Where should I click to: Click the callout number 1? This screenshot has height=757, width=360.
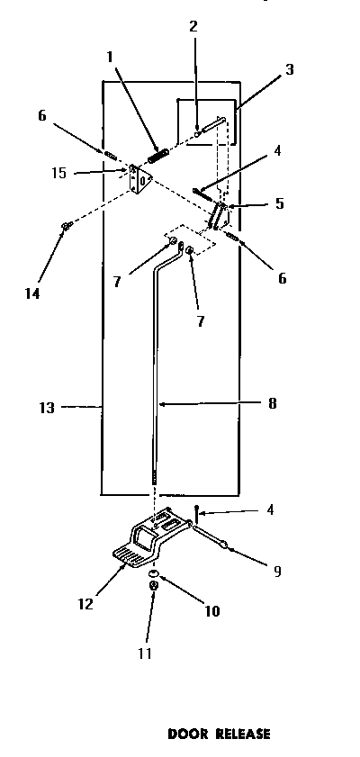(x=109, y=56)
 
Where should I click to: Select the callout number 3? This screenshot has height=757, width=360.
(x=290, y=69)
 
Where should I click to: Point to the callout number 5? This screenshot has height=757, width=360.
(x=280, y=204)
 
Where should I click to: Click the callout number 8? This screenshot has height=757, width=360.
(x=272, y=404)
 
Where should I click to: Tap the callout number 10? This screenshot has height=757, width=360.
(x=212, y=611)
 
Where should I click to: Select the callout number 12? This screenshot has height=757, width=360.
(x=85, y=604)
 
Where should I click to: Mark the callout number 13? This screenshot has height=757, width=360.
(x=47, y=408)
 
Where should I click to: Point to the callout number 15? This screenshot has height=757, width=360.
(x=58, y=173)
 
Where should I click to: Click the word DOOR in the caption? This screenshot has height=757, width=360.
(x=187, y=734)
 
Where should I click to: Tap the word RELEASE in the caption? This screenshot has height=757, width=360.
(x=240, y=734)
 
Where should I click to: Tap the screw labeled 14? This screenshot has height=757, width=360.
(x=66, y=225)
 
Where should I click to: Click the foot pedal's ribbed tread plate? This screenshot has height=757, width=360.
(x=130, y=556)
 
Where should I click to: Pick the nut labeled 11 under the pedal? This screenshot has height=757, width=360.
(x=154, y=587)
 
